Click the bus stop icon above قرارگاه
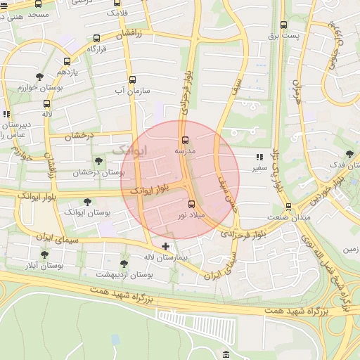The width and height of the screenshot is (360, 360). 96,39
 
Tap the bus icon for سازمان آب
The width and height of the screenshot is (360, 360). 132,79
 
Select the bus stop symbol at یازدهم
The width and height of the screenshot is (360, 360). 67,61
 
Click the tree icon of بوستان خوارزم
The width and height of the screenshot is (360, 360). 39,77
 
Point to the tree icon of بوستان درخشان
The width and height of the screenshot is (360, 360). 98,162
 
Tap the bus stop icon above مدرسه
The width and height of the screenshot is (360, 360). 186,140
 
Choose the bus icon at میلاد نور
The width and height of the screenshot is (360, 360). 192,204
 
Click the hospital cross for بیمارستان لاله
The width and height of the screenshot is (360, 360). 166,246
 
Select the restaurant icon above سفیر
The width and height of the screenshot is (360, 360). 259,157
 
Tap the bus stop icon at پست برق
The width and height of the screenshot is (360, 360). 283,25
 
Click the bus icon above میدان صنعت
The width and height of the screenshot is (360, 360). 289,207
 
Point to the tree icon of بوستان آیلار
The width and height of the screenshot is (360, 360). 45,255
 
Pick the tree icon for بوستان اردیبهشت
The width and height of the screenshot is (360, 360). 124,264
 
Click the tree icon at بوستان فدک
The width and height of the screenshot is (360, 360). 349,154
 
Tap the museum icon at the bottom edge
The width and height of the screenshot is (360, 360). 226,354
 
